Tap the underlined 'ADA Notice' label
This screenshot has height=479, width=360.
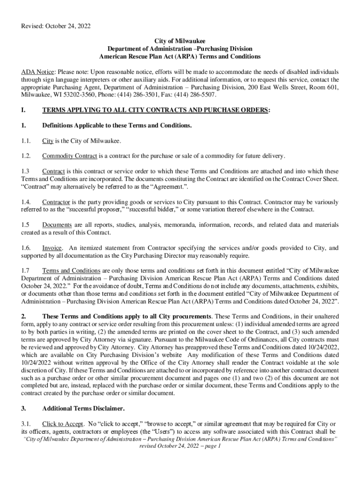point(37,72)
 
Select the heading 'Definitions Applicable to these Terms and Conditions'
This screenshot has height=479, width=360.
point(116,125)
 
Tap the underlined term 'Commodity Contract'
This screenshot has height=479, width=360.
point(70,156)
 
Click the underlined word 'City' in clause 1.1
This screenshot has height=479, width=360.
point(48,141)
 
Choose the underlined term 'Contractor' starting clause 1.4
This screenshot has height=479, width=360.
point(56,201)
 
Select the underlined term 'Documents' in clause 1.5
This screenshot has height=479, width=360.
point(58,225)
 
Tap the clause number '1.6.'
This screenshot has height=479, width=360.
point(26,248)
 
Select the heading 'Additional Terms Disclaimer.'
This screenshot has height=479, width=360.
point(83,408)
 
